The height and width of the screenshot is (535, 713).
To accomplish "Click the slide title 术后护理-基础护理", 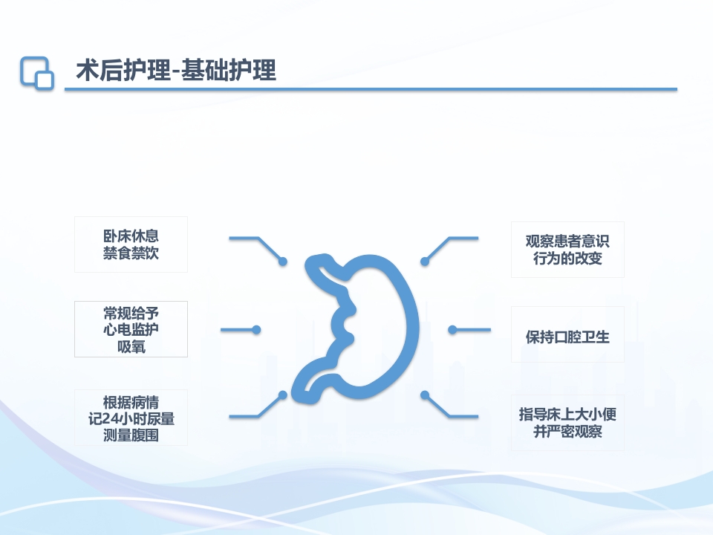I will tap(176, 71).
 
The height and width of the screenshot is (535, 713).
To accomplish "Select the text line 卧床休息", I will tap(131, 236).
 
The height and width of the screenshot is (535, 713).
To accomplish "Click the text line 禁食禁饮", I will tap(131, 253).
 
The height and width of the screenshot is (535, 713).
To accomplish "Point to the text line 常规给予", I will tap(131, 312).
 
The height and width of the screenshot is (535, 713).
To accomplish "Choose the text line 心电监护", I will tap(131, 329).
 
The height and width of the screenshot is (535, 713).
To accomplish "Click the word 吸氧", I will tap(131, 346).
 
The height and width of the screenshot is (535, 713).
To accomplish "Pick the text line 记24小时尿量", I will tap(131, 418).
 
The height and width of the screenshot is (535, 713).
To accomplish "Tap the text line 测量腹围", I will tap(131, 435).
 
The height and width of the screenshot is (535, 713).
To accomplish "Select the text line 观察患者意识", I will tap(567, 241).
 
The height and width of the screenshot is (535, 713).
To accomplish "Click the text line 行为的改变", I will tap(567, 259).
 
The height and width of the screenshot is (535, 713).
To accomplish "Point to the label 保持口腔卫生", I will tap(567, 337).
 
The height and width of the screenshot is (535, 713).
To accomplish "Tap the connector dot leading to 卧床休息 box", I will tap(283, 262).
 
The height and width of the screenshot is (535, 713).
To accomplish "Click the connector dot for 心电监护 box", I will tap(256, 330).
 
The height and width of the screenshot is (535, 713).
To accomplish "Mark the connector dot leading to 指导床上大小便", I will tap(425, 395).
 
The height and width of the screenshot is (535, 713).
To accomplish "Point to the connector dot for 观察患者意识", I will tap(425, 262).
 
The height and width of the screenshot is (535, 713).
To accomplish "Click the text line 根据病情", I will tap(131, 401).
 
